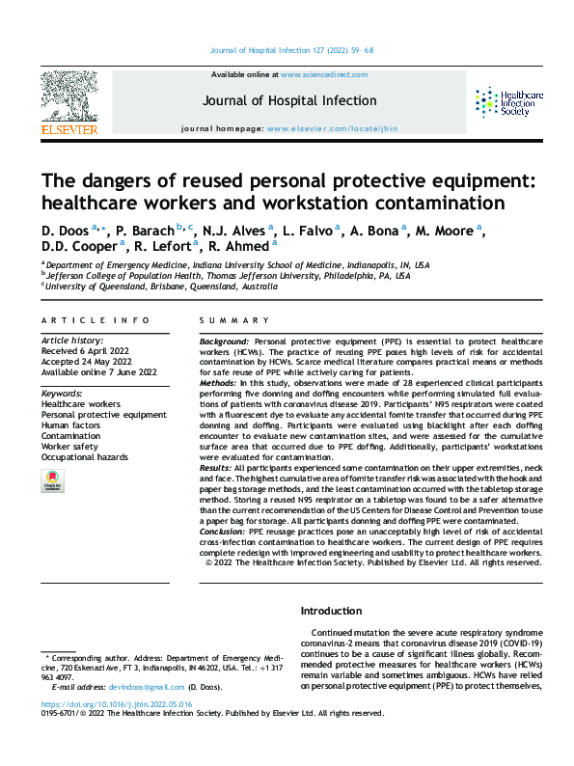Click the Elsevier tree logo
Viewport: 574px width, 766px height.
coord(68,96)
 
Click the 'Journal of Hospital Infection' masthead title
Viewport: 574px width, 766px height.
coord(289,100)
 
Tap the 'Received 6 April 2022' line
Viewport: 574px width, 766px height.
coord(84,351)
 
